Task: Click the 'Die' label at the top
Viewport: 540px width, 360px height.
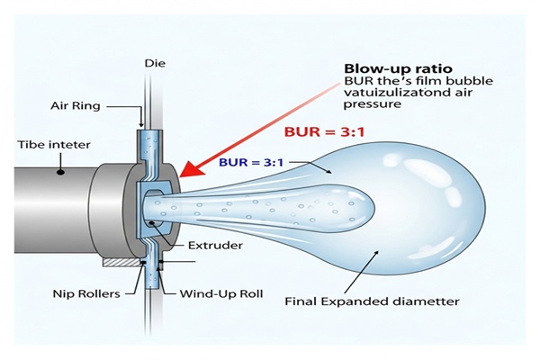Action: click(152, 63)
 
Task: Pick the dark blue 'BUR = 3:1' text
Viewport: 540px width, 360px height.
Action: click(254, 163)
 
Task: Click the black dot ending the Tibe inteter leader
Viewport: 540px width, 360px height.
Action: click(60, 168)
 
